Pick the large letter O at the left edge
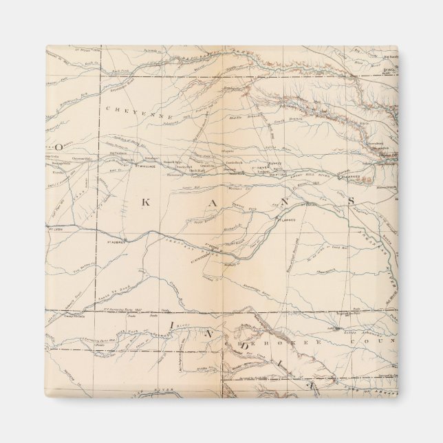coord(60,146)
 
